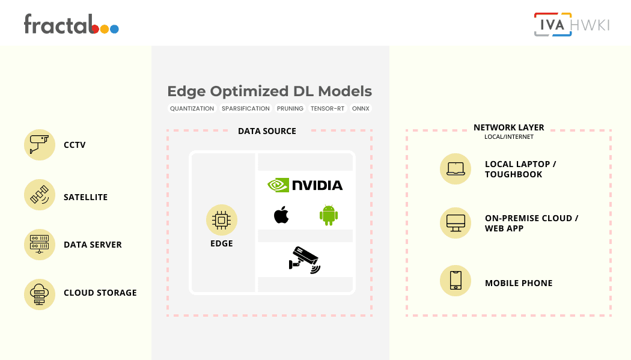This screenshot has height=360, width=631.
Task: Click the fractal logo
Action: click(72, 24)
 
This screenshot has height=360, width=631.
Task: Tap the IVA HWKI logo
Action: click(572, 25)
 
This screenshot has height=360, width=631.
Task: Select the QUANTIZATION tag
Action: click(192, 109)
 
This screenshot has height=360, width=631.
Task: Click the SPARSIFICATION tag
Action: click(245, 109)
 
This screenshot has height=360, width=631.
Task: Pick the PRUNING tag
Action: click(290, 109)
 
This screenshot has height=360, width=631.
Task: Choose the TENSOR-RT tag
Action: click(328, 109)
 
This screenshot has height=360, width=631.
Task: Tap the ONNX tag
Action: click(361, 109)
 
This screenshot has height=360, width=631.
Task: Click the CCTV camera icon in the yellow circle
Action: click(40, 145)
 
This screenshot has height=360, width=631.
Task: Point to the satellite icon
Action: click(40, 195)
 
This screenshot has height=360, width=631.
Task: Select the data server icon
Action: click(40, 245)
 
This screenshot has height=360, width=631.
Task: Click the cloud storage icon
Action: click(40, 294)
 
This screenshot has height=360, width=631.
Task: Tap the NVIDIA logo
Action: click(305, 185)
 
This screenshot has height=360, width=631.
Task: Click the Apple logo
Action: click(281, 215)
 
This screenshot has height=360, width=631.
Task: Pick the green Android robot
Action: click(329, 215)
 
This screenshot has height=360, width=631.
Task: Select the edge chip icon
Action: click(222, 220)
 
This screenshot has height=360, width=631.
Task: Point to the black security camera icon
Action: click(305, 260)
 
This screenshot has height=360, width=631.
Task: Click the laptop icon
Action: click(456, 169)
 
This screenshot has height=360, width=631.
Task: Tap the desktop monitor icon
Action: click(456, 223)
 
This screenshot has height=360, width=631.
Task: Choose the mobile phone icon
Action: click(456, 281)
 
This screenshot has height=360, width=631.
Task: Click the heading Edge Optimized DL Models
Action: click(270, 91)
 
